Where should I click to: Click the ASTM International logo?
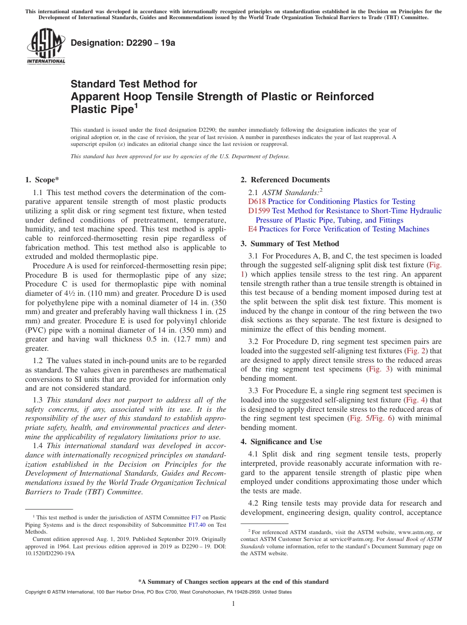click(x=46, y=47)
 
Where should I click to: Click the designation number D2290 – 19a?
click(x=123, y=43)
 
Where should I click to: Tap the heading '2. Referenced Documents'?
click(x=285, y=180)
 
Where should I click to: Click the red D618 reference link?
click(x=257, y=201)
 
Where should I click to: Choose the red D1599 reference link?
click(x=259, y=211)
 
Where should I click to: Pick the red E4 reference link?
click(x=253, y=229)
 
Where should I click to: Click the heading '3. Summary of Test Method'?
click(x=290, y=244)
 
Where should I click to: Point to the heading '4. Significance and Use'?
click(x=281, y=442)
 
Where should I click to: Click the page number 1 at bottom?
click(x=233, y=604)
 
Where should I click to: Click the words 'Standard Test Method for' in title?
click(x=134, y=84)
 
